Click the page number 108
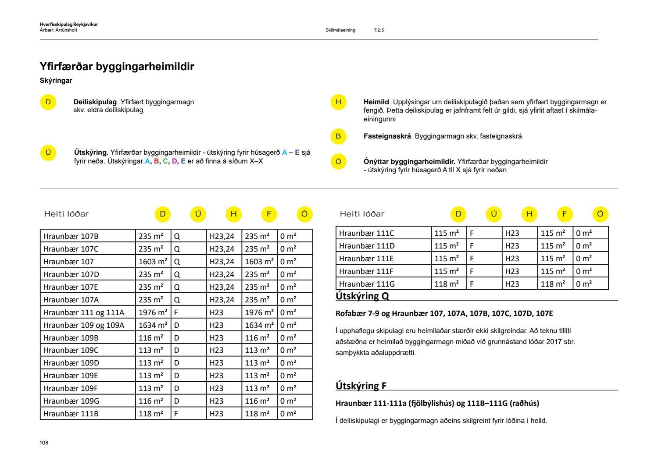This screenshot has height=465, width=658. click(44, 443)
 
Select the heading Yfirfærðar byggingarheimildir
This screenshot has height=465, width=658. click(117, 67)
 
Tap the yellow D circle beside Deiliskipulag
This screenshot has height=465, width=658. click(48, 102)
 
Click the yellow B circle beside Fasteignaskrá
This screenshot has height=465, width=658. click(338, 136)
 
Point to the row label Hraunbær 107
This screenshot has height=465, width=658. click(68, 262)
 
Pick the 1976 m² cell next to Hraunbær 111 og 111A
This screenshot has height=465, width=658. click(153, 312)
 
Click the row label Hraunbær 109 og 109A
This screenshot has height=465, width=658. click(84, 325)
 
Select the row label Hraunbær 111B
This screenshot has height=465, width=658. click(71, 414)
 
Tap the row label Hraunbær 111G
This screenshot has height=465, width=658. click(367, 284)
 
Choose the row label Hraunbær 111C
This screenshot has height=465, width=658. click(367, 233)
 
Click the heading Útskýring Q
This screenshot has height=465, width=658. click(362, 296)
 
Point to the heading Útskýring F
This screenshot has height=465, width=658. click(361, 386)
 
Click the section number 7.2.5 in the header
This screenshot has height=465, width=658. click(379, 30)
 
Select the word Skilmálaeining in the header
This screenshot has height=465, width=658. click(340, 30)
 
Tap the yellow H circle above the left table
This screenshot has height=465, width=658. click(233, 214)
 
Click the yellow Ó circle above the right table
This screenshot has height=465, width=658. click(600, 214)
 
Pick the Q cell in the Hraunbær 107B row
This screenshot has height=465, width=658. click(177, 236)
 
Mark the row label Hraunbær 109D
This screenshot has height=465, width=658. click(71, 363)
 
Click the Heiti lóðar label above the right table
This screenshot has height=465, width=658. click(362, 214)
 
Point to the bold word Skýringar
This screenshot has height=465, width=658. click(56, 81)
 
